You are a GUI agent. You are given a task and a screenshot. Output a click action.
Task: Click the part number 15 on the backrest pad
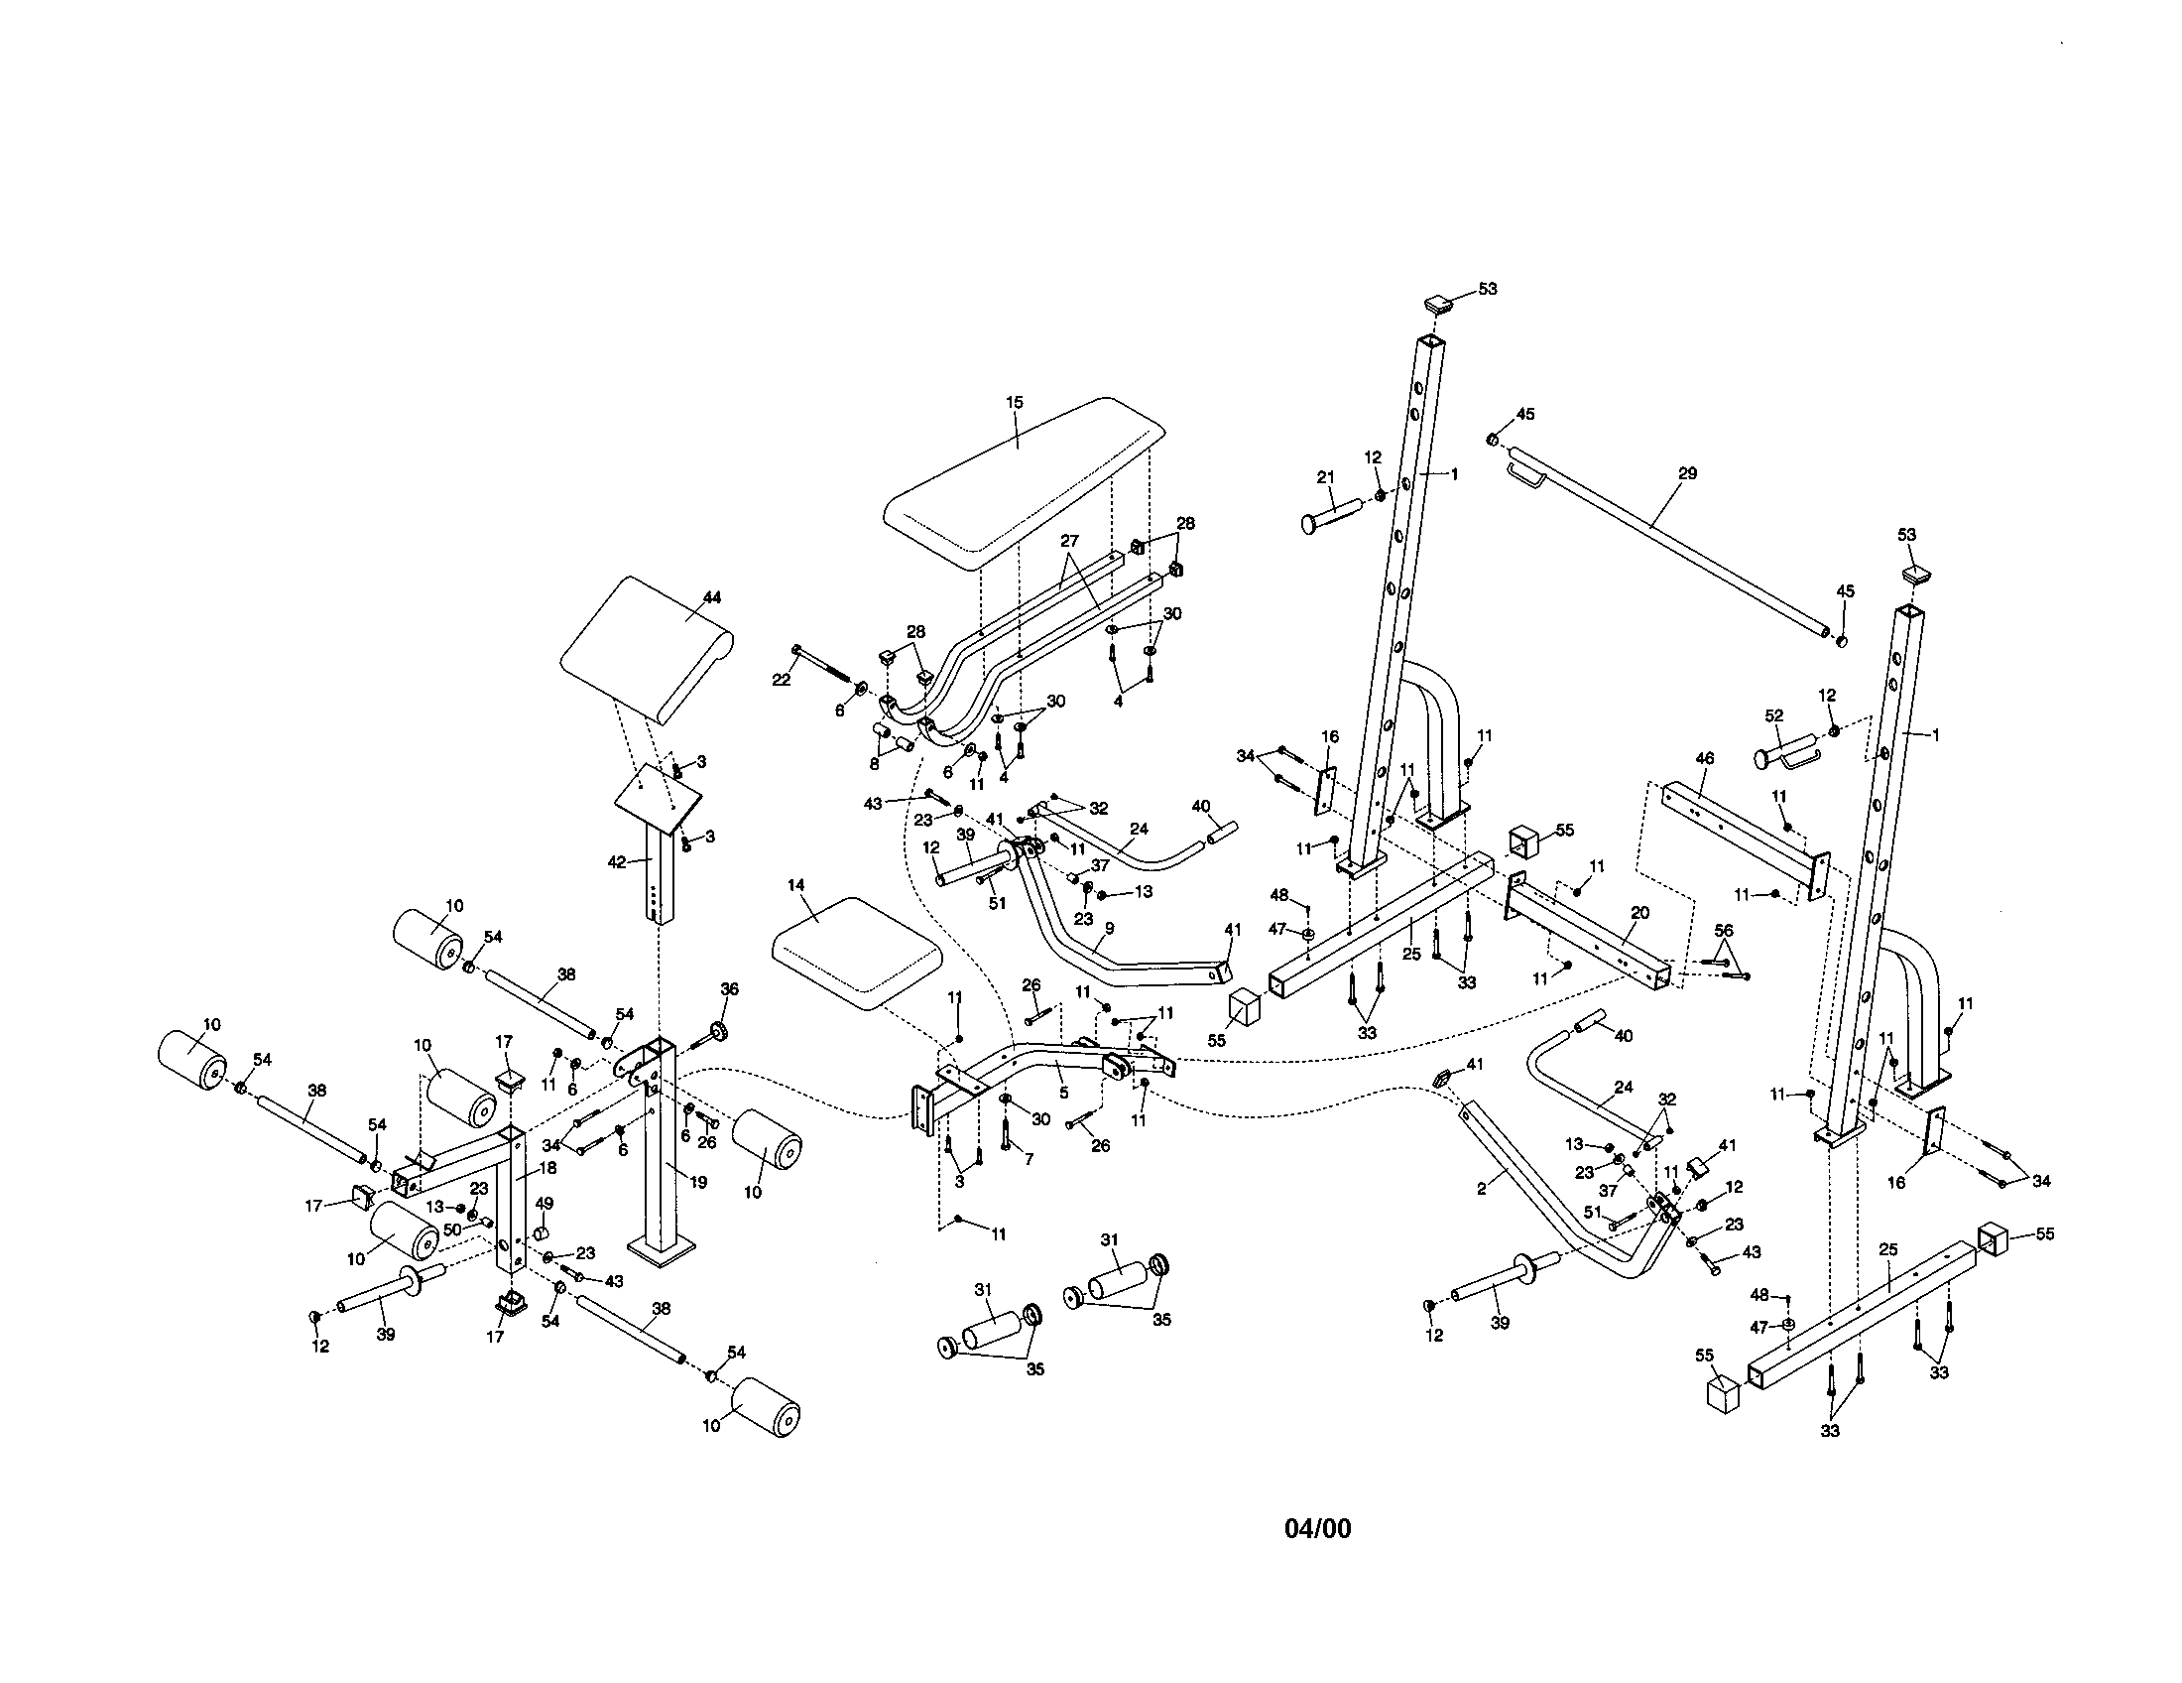[x=1014, y=403]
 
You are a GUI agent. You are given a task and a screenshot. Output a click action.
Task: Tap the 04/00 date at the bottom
[x=1317, y=1529]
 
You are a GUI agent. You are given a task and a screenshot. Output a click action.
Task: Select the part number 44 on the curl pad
[x=711, y=597]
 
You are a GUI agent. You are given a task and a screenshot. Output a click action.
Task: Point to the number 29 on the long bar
[x=1687, y=473]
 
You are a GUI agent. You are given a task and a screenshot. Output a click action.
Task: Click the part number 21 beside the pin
[x=1325, y=477]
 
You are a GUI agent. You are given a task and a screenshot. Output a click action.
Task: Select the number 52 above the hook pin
[x=1773, y=715]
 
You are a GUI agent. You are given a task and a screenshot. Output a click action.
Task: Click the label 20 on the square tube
[x=1639, y=913]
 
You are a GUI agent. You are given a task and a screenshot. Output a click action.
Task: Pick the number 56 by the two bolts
[x=1724, y=930]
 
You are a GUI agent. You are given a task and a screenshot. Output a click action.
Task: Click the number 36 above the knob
[x=729, y=989]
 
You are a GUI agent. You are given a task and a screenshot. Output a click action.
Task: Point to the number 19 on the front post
[x=697, y=1182]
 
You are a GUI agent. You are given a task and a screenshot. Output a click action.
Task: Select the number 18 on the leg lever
[x=546, y=1167]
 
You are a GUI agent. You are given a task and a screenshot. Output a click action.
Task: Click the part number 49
[x=544, y=1204]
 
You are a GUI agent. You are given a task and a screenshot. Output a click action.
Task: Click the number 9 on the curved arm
[x=1108, y=928]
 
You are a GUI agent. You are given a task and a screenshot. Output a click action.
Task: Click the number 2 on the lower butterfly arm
[x=1482, y=1189]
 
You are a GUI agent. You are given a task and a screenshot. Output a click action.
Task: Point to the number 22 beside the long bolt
[x=781, y=680]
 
